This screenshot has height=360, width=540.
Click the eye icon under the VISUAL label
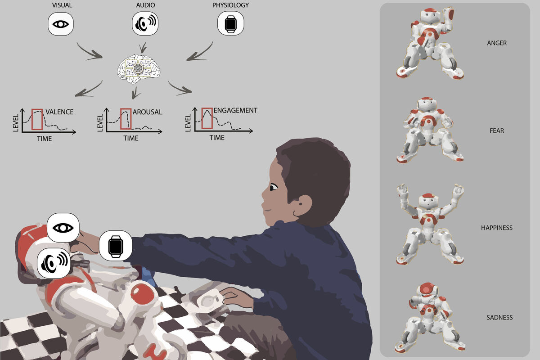pos(60,24)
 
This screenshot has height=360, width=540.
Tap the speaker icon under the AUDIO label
pos(145,23)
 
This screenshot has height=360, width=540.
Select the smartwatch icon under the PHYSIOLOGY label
pos(231,23)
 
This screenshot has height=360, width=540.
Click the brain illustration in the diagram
pos(139,69)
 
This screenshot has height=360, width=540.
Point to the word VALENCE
pos(59,112)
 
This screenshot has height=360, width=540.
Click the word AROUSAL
pos(147,112)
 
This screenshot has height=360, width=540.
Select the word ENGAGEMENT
pos(235,110)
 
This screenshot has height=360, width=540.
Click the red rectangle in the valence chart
pos(37,119)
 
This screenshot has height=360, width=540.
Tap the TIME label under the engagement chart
pos(217,138)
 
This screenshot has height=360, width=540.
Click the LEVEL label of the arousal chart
pos(100,123)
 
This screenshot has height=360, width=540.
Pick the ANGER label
pos(497,43)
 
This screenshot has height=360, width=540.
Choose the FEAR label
pos(497,130)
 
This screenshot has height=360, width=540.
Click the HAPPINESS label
pos(497,228)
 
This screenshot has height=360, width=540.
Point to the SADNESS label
pos(499,317)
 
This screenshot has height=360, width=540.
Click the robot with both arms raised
pos(430,224)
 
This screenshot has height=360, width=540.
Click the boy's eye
pos(274,187)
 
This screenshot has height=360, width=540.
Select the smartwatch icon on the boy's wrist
pos(116,246)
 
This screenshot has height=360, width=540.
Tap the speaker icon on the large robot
pos(54,263)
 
